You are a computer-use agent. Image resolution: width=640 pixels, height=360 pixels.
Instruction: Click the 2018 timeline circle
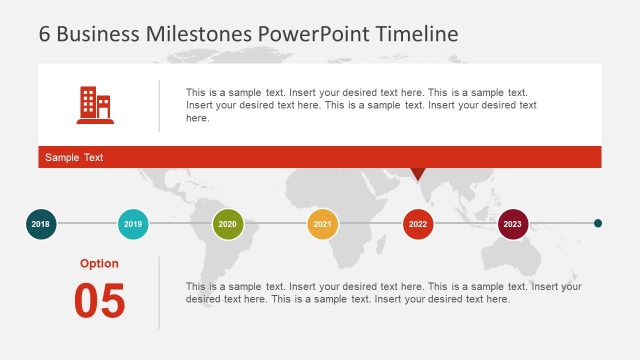tap(40, 224)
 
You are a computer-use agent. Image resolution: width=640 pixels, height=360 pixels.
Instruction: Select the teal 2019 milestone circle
tap(133, 224)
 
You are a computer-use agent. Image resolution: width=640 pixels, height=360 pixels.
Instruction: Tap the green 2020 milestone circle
tap(228, 224)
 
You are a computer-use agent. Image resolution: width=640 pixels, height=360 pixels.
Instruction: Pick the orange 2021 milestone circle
tap(322, 224)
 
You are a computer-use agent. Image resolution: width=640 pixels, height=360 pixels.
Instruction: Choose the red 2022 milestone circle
tap(418, 224)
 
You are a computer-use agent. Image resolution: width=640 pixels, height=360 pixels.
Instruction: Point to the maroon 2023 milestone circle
tap(513, 224)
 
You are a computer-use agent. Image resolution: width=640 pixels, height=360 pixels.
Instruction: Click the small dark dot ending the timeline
tap(598, 224)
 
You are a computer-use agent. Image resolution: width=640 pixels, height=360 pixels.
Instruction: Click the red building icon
tap(95, 105)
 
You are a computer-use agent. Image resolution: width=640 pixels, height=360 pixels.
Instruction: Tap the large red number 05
tap(100, 301)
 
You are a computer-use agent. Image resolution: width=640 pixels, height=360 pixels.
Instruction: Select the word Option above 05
tap(99, 264)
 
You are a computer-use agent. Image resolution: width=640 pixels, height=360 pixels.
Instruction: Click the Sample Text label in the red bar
tap(74, 158)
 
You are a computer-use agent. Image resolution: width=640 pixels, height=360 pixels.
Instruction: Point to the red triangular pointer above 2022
tap(418, 174)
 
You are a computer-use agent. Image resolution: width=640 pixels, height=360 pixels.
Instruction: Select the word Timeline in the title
tap(417, 33)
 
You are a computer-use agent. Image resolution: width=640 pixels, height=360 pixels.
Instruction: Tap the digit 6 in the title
tap(45, 33)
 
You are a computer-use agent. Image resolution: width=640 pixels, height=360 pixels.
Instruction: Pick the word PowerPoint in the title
tap(314, 33)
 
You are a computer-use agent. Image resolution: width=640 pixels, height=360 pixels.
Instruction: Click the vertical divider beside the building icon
tap(159, 106)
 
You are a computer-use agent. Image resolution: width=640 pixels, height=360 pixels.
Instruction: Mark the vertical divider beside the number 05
tap(159, 292)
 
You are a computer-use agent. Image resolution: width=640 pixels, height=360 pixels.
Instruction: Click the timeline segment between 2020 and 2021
tap(275, 224)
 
